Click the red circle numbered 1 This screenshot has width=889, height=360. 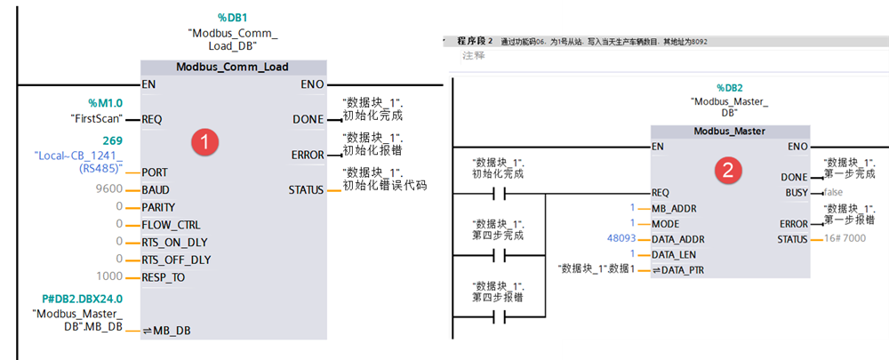coord(206,140)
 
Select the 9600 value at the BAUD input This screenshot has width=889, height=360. coord(108,189)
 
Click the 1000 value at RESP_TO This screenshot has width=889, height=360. coord(108,277)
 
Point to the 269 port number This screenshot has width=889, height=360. coord(112,140)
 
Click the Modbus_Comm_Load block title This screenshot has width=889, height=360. coord(233,67)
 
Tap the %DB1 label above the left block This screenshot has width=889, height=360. coord(233,18)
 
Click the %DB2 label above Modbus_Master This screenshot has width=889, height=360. coord(730,88)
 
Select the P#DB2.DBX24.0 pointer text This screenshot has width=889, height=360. coord(82,299)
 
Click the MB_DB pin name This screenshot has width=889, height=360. coord(170,332)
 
